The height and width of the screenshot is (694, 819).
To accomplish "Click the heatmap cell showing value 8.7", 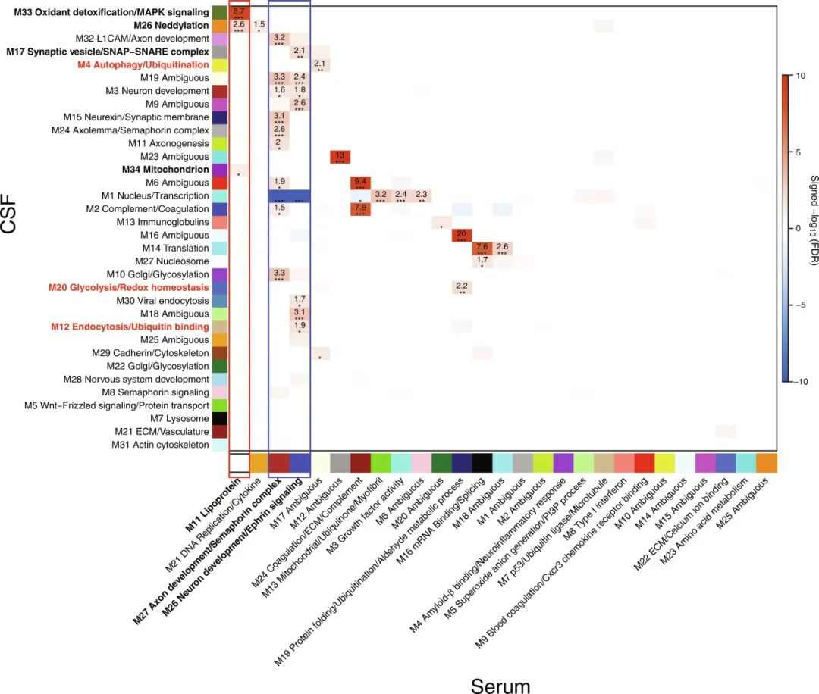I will tap(239, 13).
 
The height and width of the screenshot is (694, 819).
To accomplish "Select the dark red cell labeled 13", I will tap(338, 157).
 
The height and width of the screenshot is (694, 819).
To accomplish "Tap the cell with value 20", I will tap(461, 235).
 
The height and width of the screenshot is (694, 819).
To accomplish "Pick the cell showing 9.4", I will tap(359, 183).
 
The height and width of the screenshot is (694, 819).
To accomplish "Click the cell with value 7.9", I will tap(359, 209).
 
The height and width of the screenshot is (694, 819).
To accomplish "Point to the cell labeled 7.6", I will tap(482, 248).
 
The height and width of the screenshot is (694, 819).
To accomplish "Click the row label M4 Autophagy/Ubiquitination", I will tap(143, 65).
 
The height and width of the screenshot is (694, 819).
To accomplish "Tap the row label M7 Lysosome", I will tap(180, 418).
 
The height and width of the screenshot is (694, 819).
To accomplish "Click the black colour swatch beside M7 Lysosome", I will tap(219, 418).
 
